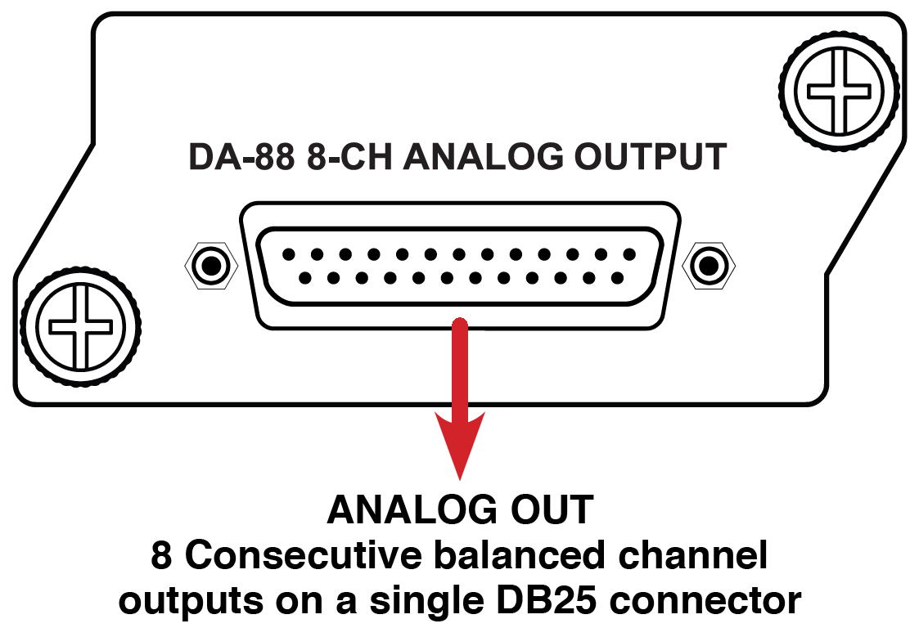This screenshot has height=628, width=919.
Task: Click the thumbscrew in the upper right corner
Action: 839,92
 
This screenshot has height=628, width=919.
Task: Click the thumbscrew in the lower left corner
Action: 80,325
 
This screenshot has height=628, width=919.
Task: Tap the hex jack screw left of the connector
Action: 211,266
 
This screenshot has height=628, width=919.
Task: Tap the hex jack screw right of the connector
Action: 709,266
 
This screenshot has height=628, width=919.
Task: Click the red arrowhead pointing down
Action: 460,445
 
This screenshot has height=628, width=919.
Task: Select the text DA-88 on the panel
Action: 241,157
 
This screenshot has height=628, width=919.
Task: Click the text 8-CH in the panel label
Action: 349,157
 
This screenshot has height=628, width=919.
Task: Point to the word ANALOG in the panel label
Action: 483,157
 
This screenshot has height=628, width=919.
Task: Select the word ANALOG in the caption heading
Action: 412,509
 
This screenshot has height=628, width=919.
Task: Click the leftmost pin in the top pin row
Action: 288,254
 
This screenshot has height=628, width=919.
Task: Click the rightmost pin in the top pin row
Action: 629,254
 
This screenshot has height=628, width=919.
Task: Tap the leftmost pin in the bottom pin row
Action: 304,278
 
